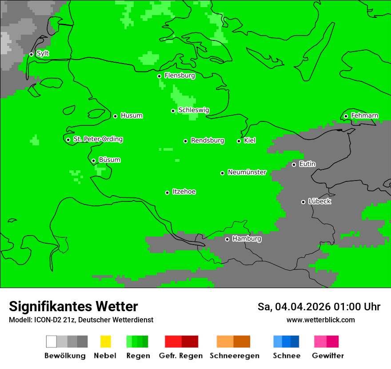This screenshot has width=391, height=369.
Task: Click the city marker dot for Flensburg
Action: pyautogui.click(x=159, y=76)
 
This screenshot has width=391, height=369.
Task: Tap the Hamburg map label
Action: pyautogui.click(x=247, y=239)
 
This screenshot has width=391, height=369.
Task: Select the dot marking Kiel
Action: pyautogui.click(x=239, y=141)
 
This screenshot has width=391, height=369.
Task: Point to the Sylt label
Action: pyautogui.click(x=43, y=53)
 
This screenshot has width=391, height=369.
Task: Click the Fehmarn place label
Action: pyautogui.click(x=364, y=116)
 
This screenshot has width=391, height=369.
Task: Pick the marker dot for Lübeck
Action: pyautogui.click(x=303, y=202)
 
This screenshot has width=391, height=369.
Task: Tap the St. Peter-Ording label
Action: pyautogui.click(x=98, y=139)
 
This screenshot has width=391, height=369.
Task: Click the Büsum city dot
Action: pyautogui.click(x=93, y=160)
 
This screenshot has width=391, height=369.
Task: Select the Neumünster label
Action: pyautogui.click(x=247, y=172)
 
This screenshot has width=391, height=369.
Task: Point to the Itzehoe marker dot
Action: pyautogui.click(x=167, y=193)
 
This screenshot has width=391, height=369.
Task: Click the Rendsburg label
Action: pyautogui.click(x=207, y=140)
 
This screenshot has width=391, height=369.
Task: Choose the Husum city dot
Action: pyautogui.click(x=115, y=116)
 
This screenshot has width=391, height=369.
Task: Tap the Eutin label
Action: pyautogui.click(x=307, y=164)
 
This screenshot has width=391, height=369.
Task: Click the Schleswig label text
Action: pyautogui.click(x=193, y=110)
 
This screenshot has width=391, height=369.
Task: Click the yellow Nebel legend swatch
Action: pyautogui.click(x=105, y=341)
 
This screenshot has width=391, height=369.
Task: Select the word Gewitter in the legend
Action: pyautogui.click(x=327, y=356)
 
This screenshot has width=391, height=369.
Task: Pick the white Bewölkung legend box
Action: pyautogui.click(x=52, y=341)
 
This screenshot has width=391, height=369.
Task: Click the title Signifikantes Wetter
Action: pyautogui.click(x=73, y=306)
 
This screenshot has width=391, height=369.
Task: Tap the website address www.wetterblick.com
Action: pyautogui.click(x=320, y=320)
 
